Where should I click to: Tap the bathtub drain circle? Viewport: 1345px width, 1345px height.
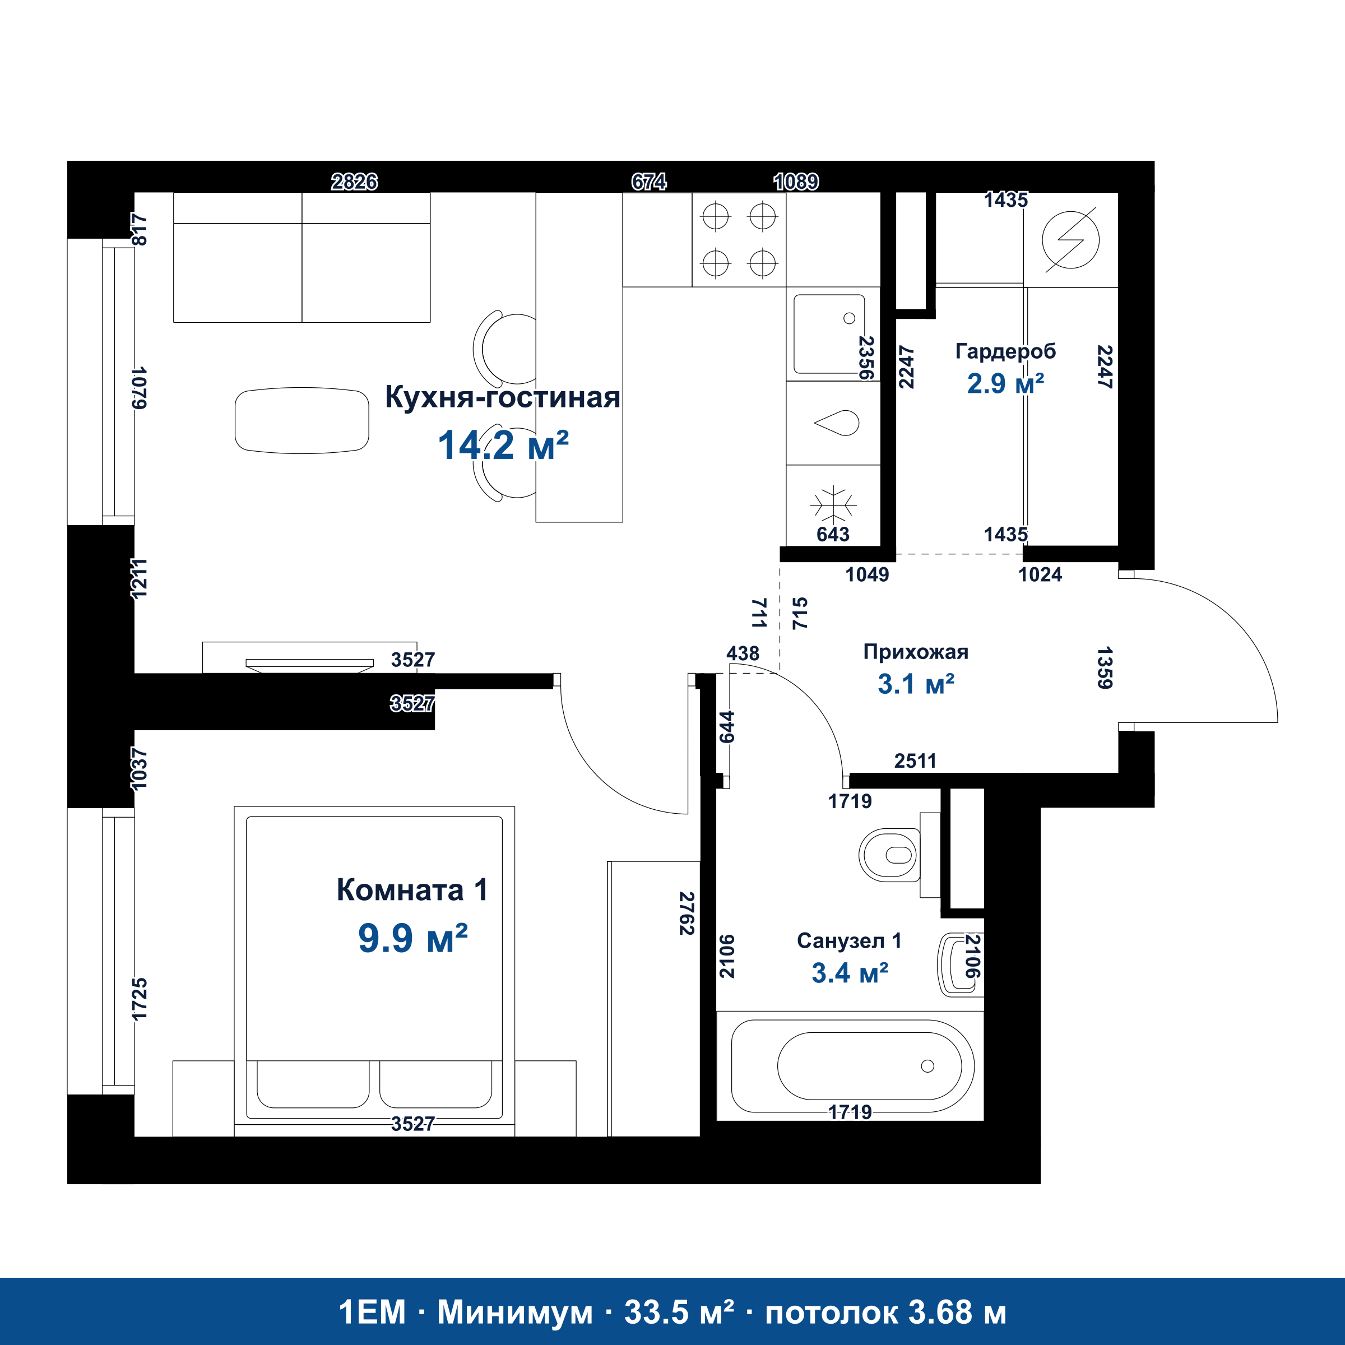point(927,1066)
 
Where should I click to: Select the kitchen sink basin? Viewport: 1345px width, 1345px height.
point(829,334)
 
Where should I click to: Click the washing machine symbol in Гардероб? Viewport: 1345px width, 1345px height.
point(1071,239)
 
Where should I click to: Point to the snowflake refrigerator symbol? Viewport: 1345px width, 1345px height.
point(833,503)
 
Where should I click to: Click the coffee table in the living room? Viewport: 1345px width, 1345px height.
point(302,420)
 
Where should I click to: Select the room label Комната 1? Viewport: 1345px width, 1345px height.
point(411,890)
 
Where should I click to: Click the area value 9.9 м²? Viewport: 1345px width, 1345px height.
point(413,938)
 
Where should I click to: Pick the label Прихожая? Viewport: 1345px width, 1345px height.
point(916,652)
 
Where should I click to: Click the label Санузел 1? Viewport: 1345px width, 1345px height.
point(850,940)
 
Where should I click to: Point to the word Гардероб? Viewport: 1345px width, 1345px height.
point(1005,351)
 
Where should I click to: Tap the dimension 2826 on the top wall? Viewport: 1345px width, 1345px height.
point(354,182)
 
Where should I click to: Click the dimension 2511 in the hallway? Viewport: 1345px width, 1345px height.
point(916,761)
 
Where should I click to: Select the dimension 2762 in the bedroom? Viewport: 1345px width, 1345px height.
point(687,913)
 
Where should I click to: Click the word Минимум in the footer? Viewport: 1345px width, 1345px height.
point(514,1312)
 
